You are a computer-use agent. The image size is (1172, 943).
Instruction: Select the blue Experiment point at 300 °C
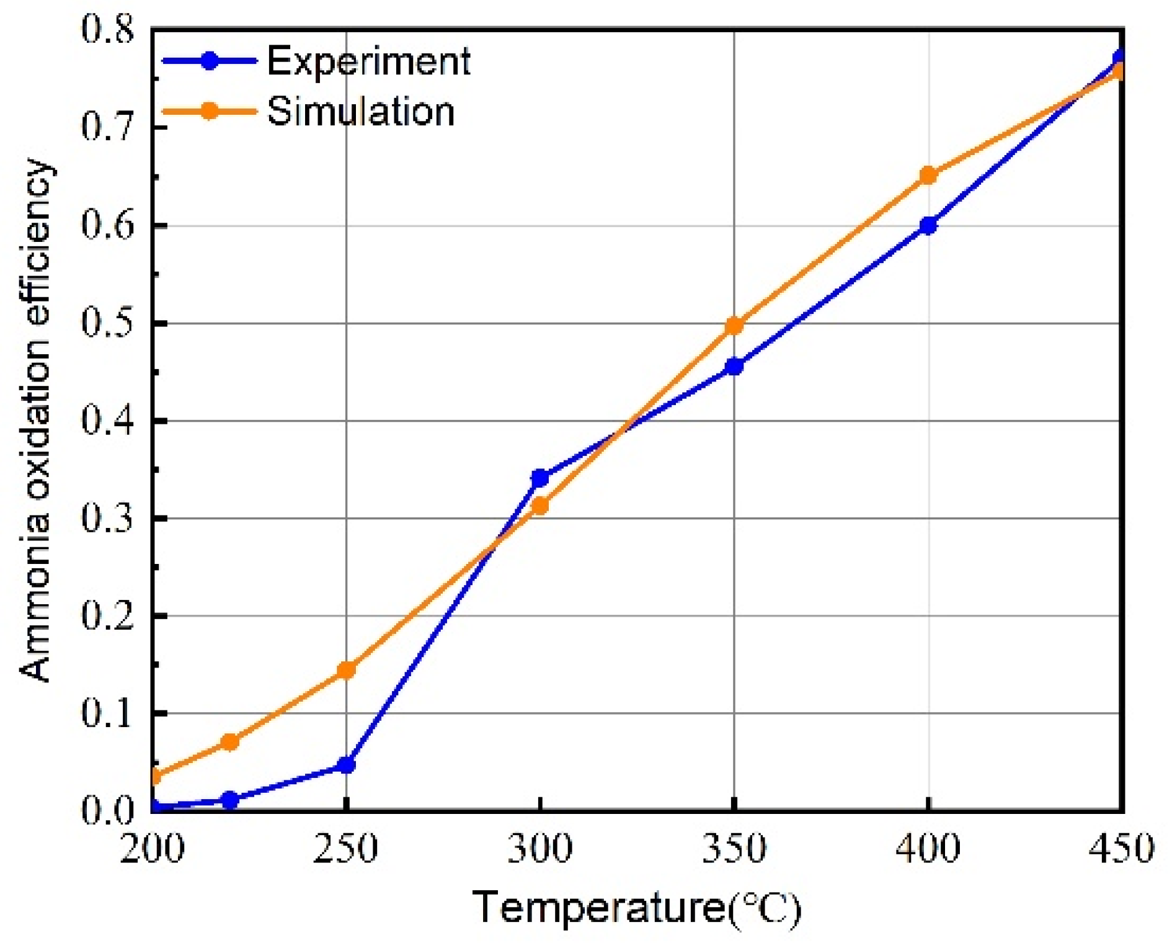point(540,478)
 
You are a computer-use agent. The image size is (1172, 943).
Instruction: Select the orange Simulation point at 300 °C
point(540,506)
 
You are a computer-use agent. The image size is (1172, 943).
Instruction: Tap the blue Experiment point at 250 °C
point(346,765)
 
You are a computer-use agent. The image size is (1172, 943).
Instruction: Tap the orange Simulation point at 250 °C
point(346,670)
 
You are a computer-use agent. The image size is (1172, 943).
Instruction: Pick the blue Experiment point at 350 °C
point(734,367)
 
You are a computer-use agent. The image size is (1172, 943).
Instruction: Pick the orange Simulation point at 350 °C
point(734,326)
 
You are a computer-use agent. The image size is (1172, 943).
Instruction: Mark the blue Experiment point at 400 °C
point(928,226)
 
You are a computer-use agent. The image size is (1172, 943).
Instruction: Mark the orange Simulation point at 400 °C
point(928,176)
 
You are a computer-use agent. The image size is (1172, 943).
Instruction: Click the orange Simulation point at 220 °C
point(230,742)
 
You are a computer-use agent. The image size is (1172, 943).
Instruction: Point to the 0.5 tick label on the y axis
point(107,323)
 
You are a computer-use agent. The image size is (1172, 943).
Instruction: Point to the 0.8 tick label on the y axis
point(107,30)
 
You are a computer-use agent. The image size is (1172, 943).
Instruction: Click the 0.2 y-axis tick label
point(107,616)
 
